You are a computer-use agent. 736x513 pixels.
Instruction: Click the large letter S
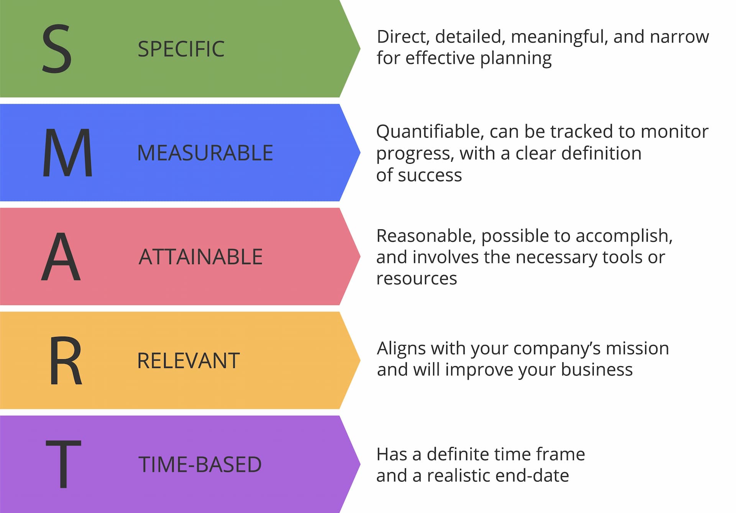pos(57,49)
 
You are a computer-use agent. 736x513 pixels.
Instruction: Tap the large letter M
pos(67,153)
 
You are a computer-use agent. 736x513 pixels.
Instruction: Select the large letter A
pos(61,256)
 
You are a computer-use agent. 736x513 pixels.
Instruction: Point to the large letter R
pos(66,360)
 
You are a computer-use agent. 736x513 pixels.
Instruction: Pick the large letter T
pos(64,464)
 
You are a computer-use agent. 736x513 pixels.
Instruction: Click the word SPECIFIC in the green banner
pos(181,49)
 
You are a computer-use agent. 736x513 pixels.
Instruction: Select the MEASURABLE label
pos(205,153)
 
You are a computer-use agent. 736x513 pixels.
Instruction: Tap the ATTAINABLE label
pos(200,257)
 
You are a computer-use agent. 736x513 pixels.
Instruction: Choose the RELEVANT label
pos(189,361)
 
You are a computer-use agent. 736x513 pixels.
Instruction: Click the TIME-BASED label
pos(200,464)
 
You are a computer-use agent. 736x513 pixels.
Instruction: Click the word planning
pos(516,59)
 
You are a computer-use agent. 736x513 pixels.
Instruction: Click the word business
pos(597,370)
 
